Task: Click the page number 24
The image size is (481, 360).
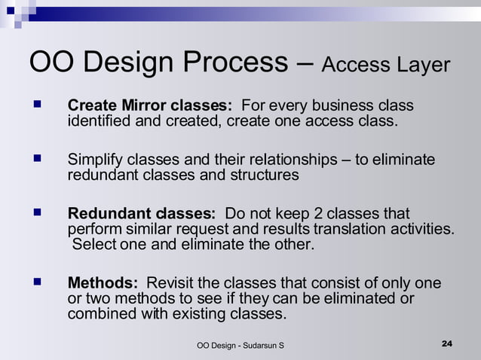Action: tap(446, 344)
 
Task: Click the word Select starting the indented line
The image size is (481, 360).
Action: tap(94, 244)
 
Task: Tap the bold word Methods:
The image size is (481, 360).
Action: tap(103, 284)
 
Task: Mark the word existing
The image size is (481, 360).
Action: tap(204, 314)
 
